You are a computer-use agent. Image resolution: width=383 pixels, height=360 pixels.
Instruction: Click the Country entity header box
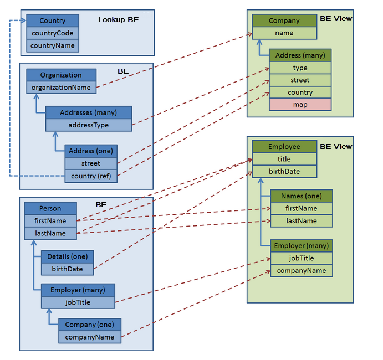(x=53, y=20)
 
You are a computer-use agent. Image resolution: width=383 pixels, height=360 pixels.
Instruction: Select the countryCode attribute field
(x=53, y=33)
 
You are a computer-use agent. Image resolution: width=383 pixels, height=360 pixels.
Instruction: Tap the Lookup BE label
(x=118, y=20)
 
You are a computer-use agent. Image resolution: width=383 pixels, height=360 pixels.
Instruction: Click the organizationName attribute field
(x=61, y=87)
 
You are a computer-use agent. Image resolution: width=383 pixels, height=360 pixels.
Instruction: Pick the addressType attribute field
(x=89, y=125)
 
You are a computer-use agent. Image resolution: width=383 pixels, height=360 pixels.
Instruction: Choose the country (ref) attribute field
(x=91, y=176)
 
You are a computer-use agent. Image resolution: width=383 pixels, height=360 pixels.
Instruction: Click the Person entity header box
(x=50, y=208)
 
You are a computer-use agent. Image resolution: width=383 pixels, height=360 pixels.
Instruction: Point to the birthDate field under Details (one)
(x=68, y=269)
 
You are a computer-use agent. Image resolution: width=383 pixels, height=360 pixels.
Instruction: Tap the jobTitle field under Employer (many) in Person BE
(x=78, y=302)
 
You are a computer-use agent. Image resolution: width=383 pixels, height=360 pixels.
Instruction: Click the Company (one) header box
(x=90, y=325)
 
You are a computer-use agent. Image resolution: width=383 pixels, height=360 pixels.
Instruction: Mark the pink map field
(x=300, y=104)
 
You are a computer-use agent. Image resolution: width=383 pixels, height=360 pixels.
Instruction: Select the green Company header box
(x=284, y=20)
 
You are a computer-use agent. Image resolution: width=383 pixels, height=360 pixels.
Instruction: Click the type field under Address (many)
(x=300, y=68)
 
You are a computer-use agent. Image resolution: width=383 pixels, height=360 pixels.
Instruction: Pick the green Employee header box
(x=284, y=147)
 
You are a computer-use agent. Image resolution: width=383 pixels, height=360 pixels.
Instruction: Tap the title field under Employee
(x=284, y=159)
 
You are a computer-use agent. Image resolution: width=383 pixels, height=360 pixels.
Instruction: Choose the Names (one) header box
(x=302, y=196)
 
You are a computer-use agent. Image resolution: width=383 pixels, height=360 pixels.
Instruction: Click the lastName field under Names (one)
(x=302, y=221)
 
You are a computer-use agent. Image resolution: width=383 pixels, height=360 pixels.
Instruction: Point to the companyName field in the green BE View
(x=302, y=270)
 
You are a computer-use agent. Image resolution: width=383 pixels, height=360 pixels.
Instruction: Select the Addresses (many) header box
(x=89, y=112)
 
